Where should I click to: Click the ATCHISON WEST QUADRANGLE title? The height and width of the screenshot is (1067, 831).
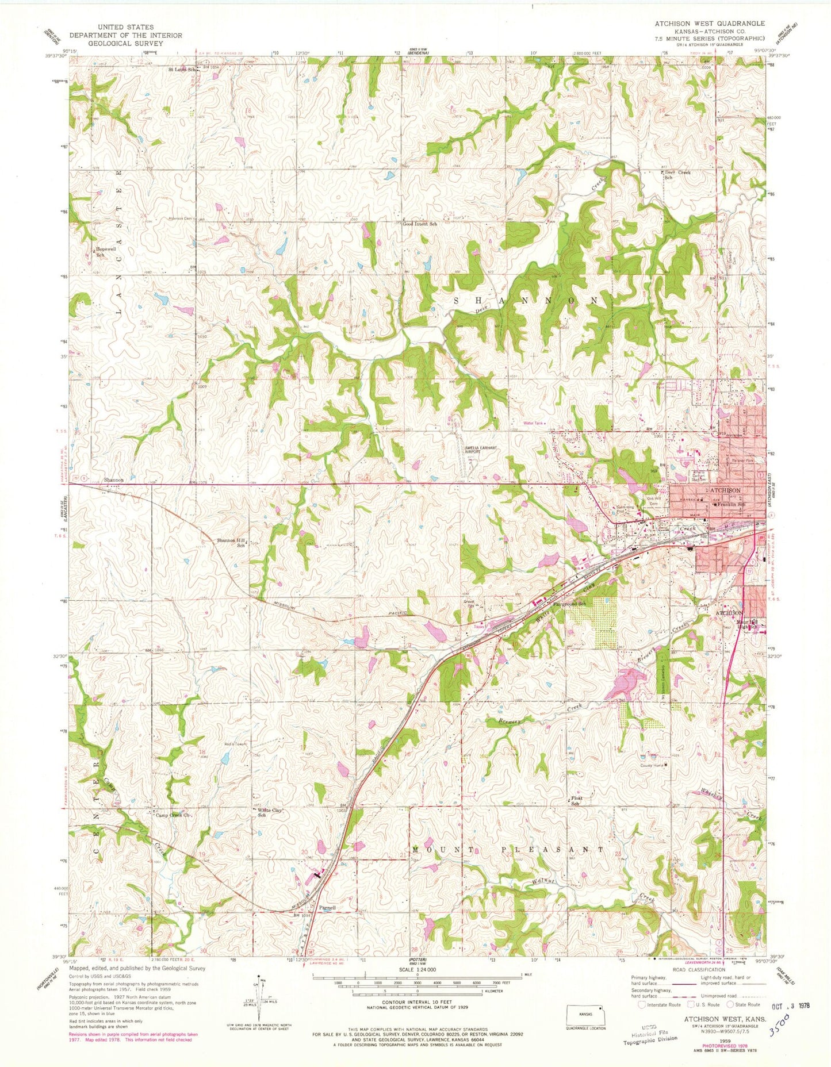(x=709, y=24)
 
